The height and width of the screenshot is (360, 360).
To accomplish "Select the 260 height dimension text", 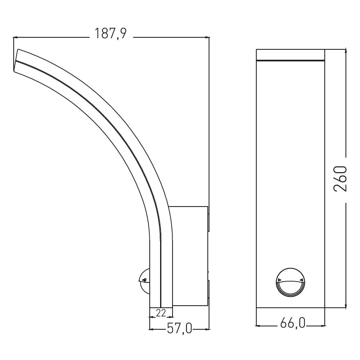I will [x=340, y=179].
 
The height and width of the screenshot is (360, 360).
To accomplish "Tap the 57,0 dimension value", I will [x=180, y=329].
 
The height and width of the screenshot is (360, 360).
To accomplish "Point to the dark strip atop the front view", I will [x=290, y=61].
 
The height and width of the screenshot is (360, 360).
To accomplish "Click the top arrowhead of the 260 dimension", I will [x=345, y=51].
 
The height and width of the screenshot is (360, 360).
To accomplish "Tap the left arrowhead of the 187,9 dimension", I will [x=15, y=38].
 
